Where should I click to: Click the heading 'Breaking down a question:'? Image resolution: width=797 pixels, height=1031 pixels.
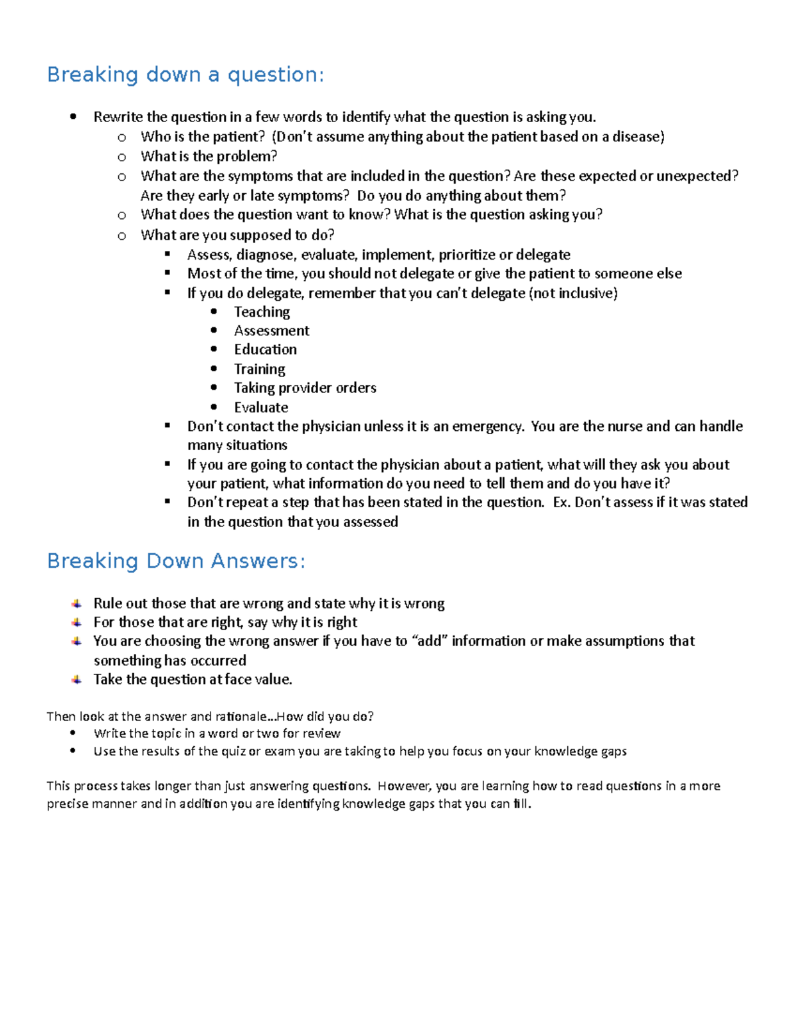pyautogui.click(x=185, y=74)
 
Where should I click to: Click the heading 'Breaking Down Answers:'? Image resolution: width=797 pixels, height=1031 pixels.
pyautogui.click(x=176, y=561)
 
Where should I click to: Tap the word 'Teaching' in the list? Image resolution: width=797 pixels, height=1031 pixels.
pyautogui.click(x=262, y=312)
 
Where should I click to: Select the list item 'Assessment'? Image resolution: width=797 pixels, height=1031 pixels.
pyautogui.click(x=272, y=331)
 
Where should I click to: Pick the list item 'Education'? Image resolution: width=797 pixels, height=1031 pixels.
pyautogui.click(x=265, y=349)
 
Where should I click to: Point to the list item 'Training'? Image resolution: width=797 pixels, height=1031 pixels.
pyautogui.click(x=260, y=369)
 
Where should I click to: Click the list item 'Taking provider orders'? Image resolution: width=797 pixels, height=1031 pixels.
pyautogui.click(x=305, y=388)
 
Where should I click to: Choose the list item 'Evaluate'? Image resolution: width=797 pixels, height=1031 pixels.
pyautogui.click(x=261, y=408)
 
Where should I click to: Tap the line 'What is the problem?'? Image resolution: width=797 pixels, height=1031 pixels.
pyautogui.click(x=209, y=157)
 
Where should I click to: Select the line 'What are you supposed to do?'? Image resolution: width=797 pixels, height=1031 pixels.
pyautogui.click(x=237, y=235)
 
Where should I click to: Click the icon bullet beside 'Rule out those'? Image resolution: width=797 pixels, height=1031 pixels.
pyautogui.click(x=77, y=603)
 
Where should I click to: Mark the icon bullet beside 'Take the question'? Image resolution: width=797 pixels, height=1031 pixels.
pyautogui.click(x=77, y=680)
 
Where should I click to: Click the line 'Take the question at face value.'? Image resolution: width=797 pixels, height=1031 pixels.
pyautogui.click(x=193, y=680)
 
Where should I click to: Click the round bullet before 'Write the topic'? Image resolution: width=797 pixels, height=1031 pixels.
pyautogui.click(x=73, y=734)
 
